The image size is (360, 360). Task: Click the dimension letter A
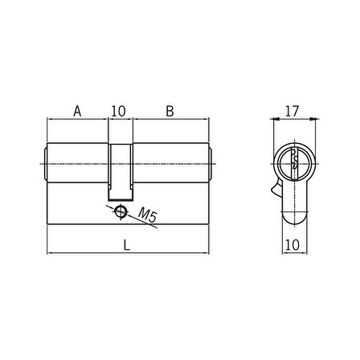[x=77, y=111]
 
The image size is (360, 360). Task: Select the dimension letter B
[x=170, y=111]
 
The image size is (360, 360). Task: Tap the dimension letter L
[x=127, y=245]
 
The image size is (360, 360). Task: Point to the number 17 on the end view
[x=292, y=111]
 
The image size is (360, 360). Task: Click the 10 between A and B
[x=118, y=111]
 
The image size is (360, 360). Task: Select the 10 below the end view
[x=292, y=245]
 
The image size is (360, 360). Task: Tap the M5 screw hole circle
[x=121, y=211]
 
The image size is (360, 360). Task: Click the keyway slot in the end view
[x=294, y=163]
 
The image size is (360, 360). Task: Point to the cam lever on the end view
[x=276, y=188]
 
